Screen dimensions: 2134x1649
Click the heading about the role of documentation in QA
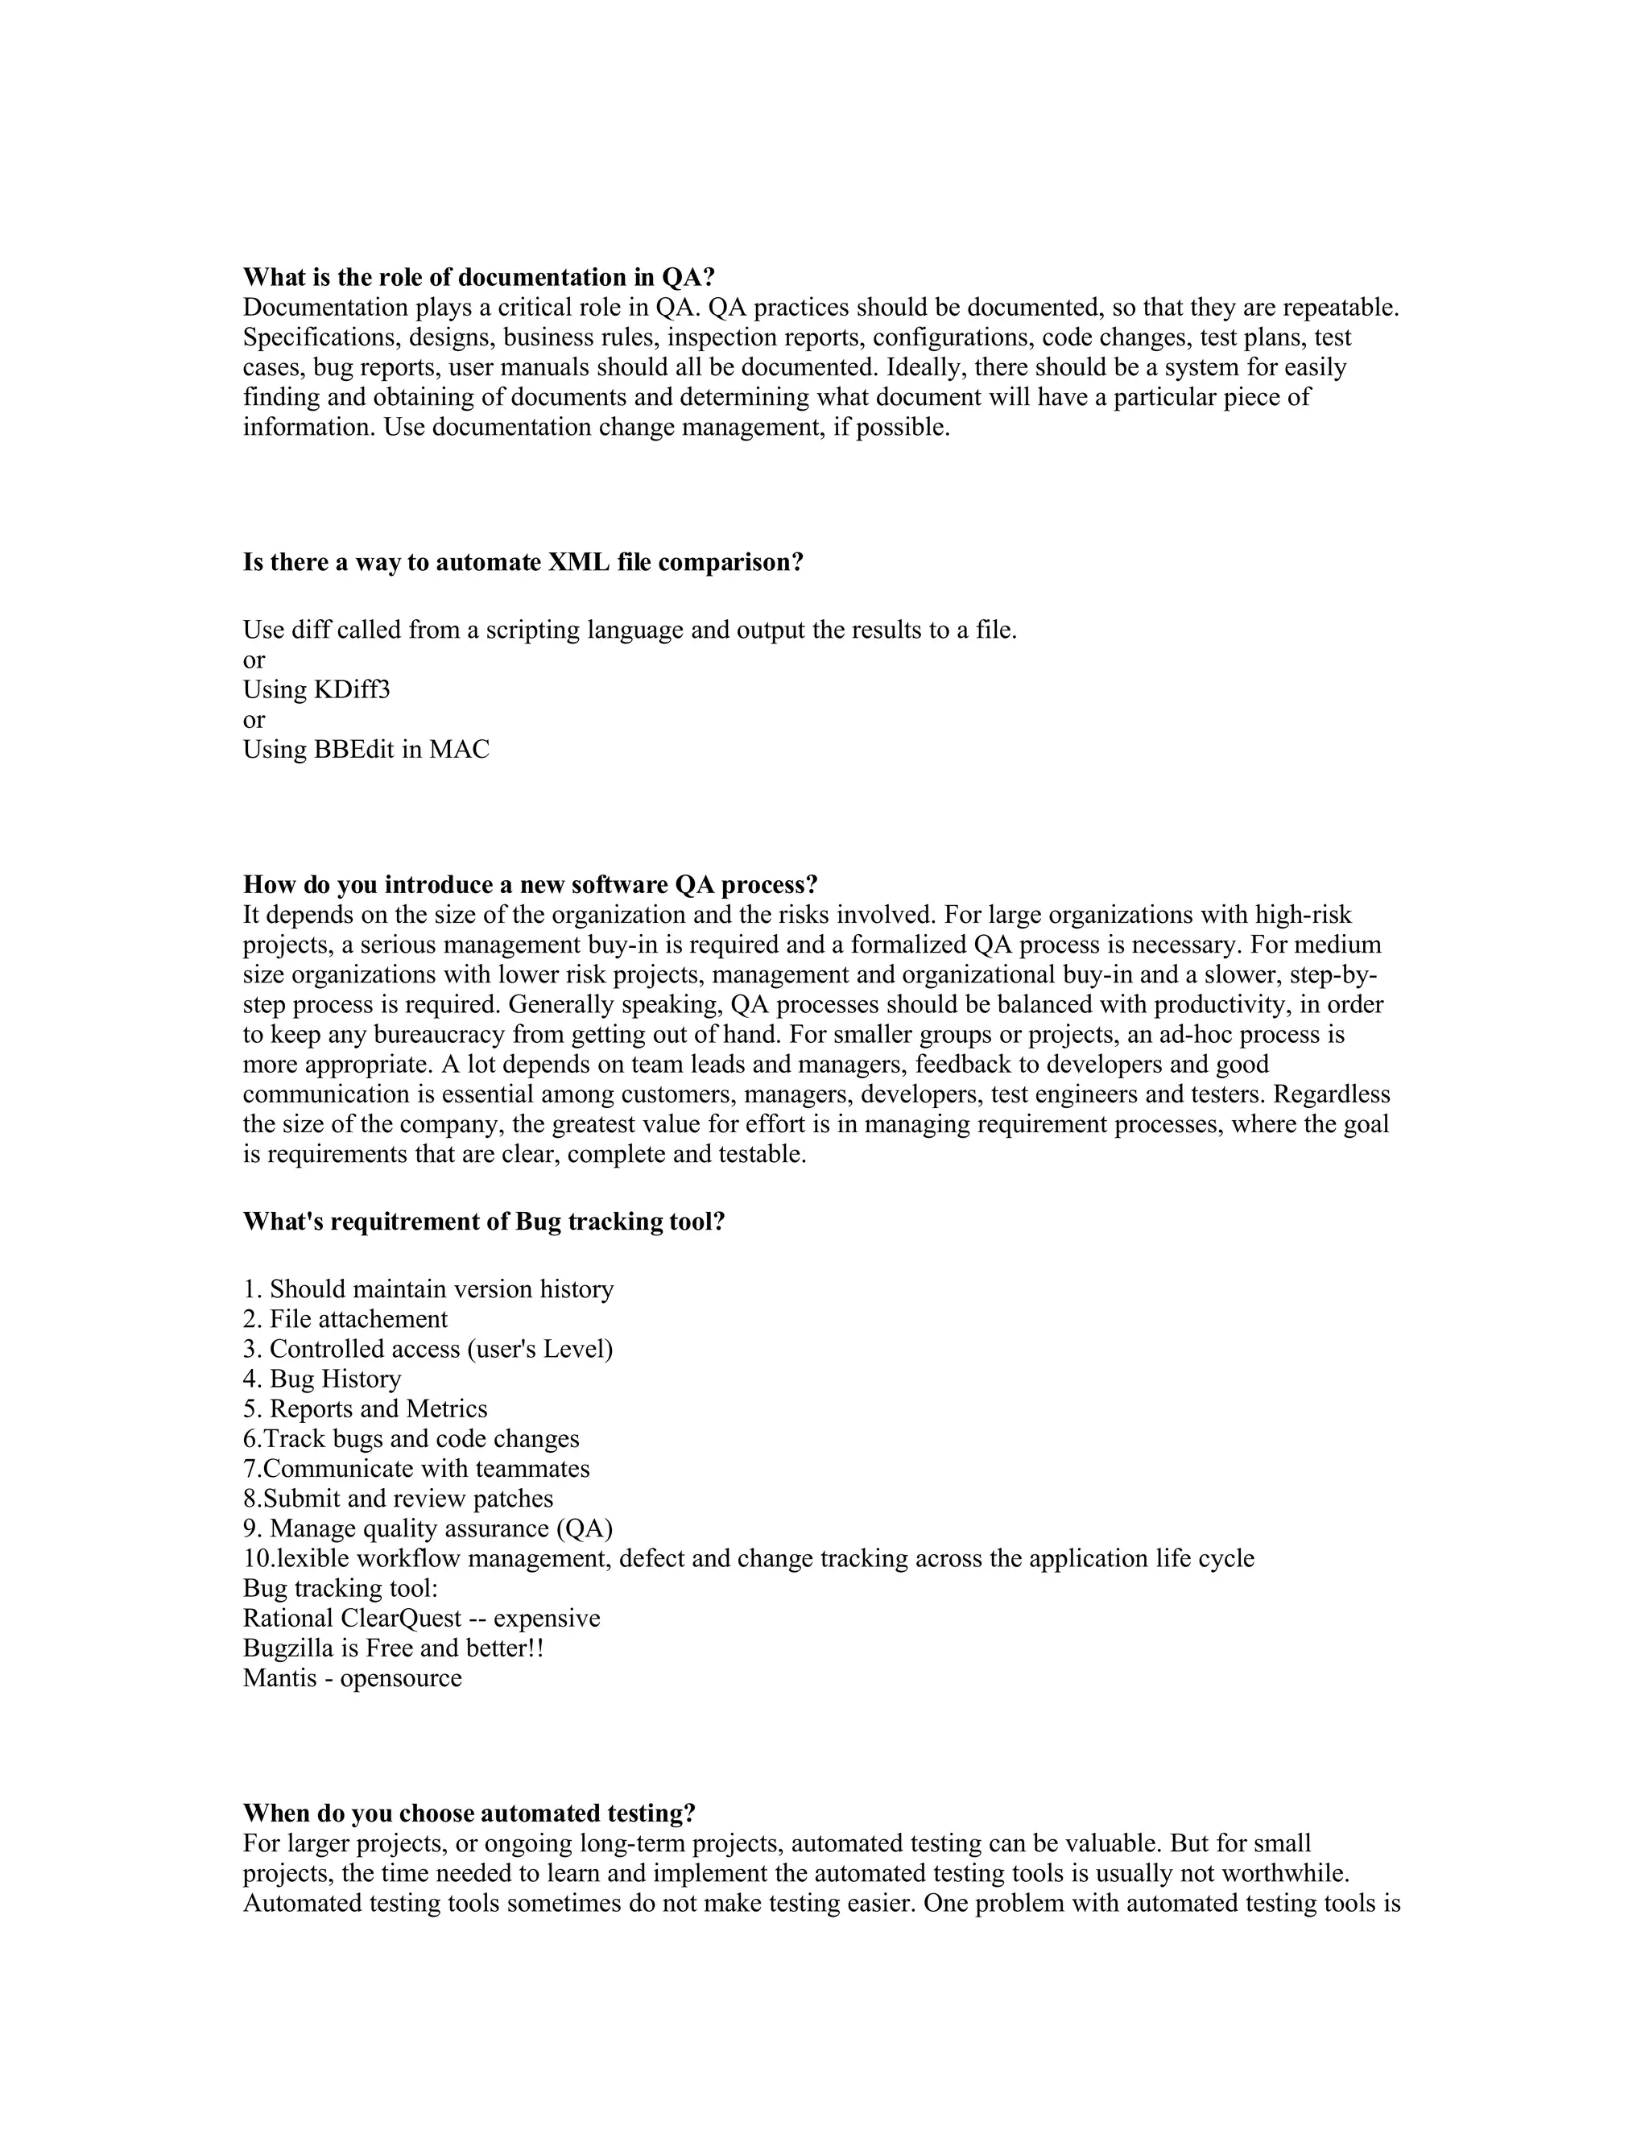[x=479, y=278]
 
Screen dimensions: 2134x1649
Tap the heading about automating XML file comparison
[x=523, y=563]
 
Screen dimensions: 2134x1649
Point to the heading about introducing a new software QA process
[x=530, y=885]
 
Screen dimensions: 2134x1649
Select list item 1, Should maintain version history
[x=428, y=1290]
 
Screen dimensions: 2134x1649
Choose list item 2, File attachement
[x=345, y=1319]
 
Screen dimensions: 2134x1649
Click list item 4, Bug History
[x=322, y=1379]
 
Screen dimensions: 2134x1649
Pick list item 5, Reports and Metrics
[x=365, y=1409]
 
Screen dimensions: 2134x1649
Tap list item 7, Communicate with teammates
[x=416, y=1469]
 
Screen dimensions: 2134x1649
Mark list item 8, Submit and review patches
[x=398, y=1499]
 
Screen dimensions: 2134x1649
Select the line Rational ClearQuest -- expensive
[x=421, y=1618]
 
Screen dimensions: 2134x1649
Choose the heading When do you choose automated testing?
[x=469, y=1813]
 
